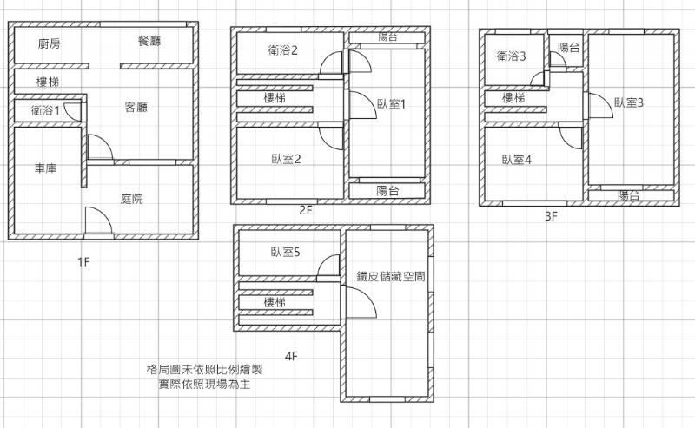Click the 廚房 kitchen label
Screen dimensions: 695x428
(50, 43)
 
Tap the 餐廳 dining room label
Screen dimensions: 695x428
(149, 41)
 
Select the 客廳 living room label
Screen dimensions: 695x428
(136, 107)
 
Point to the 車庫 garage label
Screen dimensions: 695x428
(46, 168)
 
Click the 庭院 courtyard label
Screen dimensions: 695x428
(132, 199)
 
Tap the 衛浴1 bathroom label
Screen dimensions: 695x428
(45, 110)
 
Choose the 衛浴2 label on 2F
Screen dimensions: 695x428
(283, 50)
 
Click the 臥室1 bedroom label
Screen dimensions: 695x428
(392, 104)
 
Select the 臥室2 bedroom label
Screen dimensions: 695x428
(287, 159)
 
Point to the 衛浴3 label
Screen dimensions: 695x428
(511, 56)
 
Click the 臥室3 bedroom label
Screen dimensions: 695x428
(629, 102)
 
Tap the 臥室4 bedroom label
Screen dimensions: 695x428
(517, 160)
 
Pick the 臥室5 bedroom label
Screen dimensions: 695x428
(286, 252)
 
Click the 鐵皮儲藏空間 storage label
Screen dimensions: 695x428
(391, 276)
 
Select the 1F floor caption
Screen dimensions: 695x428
(83, 262)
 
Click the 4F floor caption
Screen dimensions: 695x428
(291, 356)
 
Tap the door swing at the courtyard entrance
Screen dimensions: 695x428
(98, 220)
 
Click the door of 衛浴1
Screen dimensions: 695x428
(73, 111)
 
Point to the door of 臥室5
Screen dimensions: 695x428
(328, 265)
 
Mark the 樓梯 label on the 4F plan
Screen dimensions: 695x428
(275, 303)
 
